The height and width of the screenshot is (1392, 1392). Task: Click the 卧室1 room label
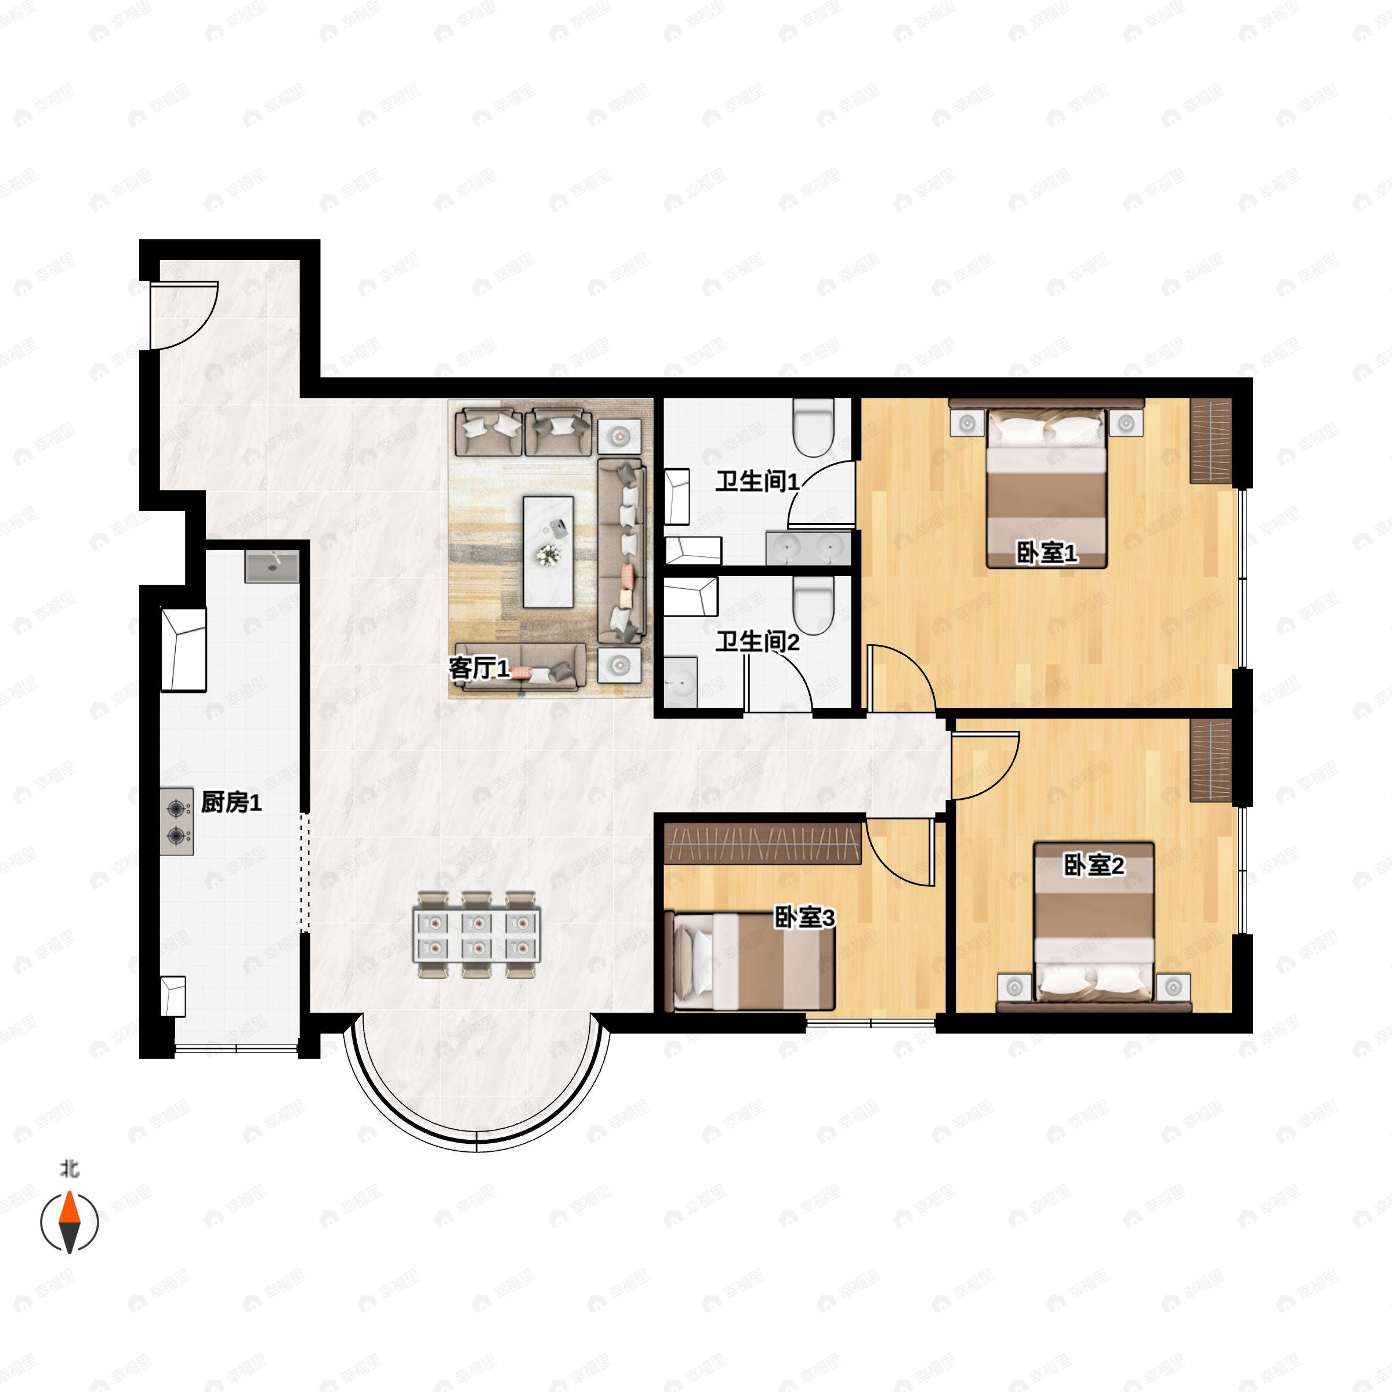pos(1046,553)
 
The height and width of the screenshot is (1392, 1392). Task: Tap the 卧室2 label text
pos(1094,865)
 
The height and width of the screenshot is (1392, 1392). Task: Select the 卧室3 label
pos(805,918)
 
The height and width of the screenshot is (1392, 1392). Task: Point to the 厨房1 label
pos(231,802)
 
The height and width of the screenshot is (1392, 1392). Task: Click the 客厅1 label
pos(480,669)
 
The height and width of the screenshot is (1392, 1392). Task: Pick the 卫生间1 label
pos(757,481)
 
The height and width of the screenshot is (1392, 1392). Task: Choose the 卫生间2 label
pos(757,641)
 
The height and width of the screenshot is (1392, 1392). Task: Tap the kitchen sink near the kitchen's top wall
pos(271,567)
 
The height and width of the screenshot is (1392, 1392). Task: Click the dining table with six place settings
pos(476,935)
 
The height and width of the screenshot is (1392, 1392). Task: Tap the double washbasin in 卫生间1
pos(809,548)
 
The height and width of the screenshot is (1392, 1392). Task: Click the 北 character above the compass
pos(69,1169)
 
